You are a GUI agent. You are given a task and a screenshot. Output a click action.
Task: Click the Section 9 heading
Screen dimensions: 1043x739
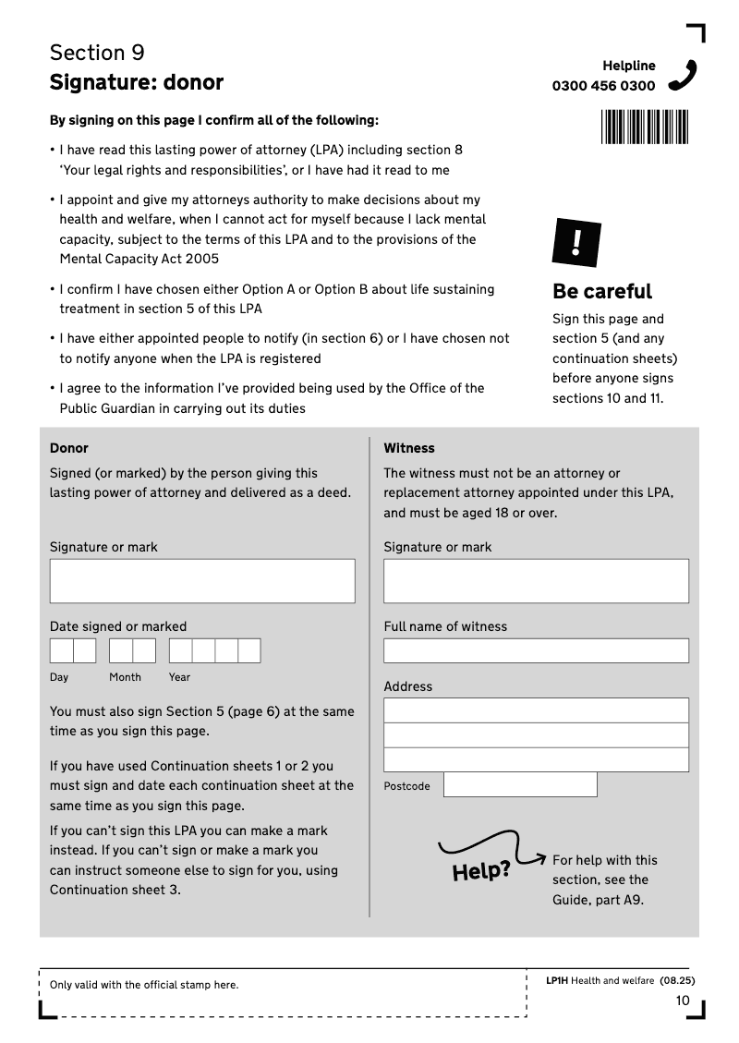[97, 53]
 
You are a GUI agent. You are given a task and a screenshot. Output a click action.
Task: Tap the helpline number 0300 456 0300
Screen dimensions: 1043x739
[603, 86]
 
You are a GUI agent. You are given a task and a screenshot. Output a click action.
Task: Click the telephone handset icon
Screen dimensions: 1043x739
[683, 75]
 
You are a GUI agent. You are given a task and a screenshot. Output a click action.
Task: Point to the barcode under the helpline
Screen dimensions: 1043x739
[645, 127]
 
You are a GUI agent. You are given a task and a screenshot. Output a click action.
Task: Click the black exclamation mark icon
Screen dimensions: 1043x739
[576, 243]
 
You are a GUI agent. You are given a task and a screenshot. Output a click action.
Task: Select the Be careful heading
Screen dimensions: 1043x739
[602, 292]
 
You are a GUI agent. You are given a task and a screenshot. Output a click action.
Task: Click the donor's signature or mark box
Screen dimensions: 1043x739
[202, 581]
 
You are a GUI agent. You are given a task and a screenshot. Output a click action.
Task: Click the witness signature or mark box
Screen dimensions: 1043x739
[536, 581]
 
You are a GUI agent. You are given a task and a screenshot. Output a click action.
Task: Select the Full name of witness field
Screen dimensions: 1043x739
[536, 650]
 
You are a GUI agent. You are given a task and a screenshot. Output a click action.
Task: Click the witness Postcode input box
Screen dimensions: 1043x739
[520, 785]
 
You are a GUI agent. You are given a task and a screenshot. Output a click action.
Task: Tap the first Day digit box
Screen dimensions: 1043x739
[61, 651]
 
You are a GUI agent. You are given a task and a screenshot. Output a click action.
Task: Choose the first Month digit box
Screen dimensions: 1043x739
[120, 651]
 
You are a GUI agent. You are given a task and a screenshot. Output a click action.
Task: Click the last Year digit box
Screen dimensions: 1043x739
[249, 651]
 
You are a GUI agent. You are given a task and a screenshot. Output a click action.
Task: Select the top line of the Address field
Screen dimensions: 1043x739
[536, 710]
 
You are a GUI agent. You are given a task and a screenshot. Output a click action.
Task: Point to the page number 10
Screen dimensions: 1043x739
[683, 1001]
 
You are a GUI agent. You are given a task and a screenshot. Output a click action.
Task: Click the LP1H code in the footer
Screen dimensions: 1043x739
[556, 981]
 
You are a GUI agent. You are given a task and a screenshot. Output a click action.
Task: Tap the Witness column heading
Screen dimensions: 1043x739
[409, 448]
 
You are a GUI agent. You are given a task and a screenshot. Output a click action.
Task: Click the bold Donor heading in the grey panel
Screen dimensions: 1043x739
[69, 448]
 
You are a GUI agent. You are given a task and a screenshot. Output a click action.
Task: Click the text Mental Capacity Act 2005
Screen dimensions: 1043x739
[139, 260]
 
